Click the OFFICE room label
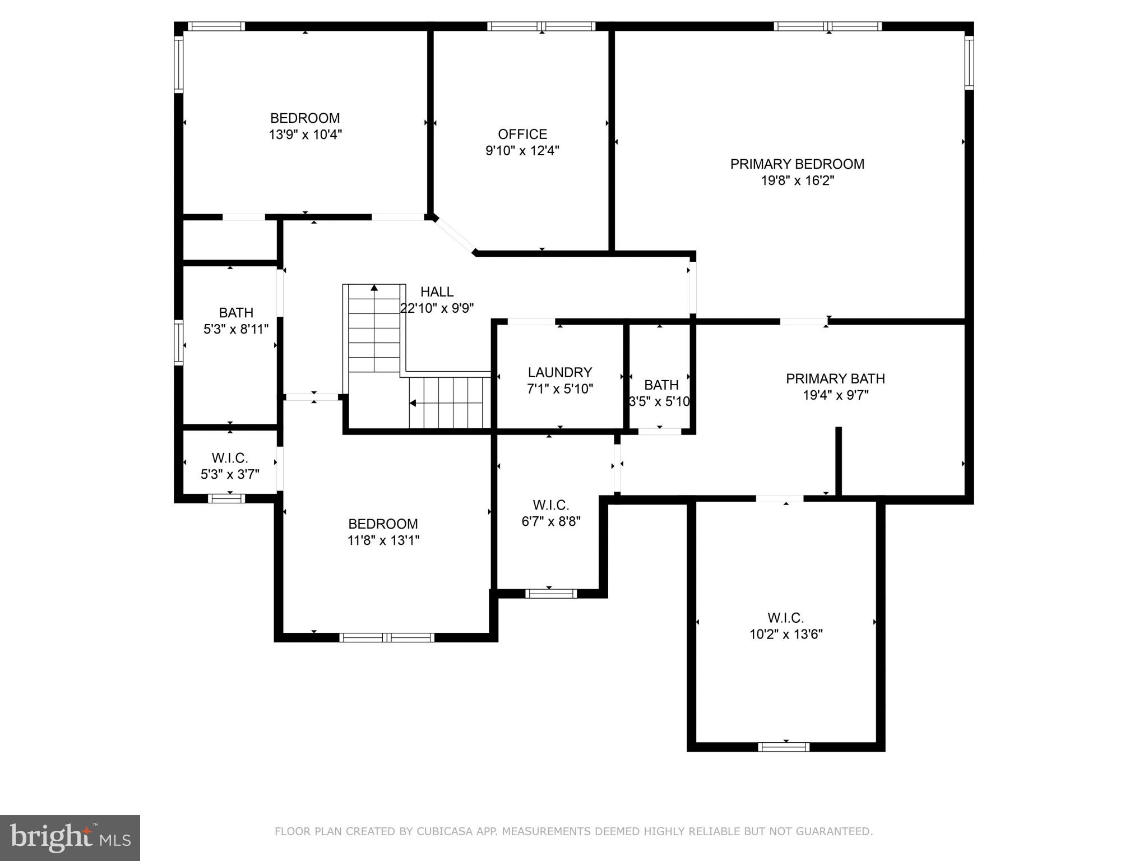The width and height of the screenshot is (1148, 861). [x=522, y=134]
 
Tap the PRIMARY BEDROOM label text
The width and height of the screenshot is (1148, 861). [x=797, y=164]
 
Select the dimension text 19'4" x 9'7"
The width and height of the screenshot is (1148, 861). [x=835, y=395]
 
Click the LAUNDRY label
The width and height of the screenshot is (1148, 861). [x=559, y=372]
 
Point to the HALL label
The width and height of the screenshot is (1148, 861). [x=437, y=291]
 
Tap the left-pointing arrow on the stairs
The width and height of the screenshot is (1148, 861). [x=413, y=402]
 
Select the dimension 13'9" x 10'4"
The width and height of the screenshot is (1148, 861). [x=305, y=135]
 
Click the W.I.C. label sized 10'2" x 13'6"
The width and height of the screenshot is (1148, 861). [x=785, y=618]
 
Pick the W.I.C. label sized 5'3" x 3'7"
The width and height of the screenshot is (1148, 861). [x=230, y=458]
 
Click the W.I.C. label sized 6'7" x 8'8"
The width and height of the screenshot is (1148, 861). [x=550, y=504]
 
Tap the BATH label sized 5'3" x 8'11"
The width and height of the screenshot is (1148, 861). [x=236, y=312]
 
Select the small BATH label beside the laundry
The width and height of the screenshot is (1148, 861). [x=661, y=385]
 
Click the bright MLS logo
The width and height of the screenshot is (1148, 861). [x=70, y=837]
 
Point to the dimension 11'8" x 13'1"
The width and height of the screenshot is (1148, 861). [x=383, y=540]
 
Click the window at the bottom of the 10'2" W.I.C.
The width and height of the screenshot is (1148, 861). [x=784, y=747]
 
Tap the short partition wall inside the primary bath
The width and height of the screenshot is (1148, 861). [x=839, y=461]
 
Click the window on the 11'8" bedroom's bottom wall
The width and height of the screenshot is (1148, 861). [x=386, y=637]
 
